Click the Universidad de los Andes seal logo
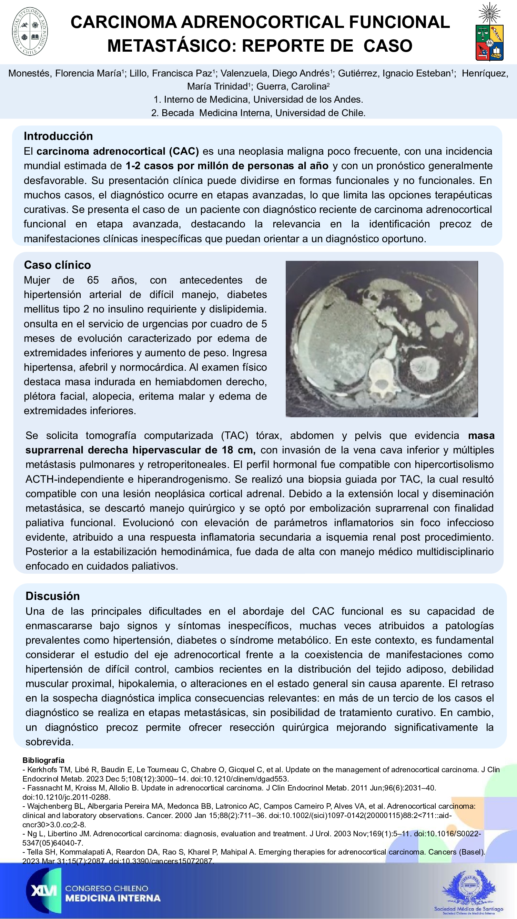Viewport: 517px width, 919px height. coord(30,31)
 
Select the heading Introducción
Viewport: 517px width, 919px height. coord(58,136)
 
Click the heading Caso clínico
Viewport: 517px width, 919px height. coord(57,265)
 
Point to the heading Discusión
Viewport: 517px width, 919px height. coord(52,596)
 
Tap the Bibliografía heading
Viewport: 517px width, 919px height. coord(43,760)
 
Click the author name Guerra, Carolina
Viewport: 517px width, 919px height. coord(292,86)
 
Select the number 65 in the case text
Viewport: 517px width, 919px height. coord(93,280)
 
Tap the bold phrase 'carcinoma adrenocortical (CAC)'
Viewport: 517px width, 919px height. coord(118,151)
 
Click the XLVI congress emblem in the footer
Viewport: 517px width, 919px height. coord(43,890)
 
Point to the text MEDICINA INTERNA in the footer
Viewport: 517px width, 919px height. coord(113,898)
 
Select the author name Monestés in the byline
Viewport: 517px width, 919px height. coord(29,73)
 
